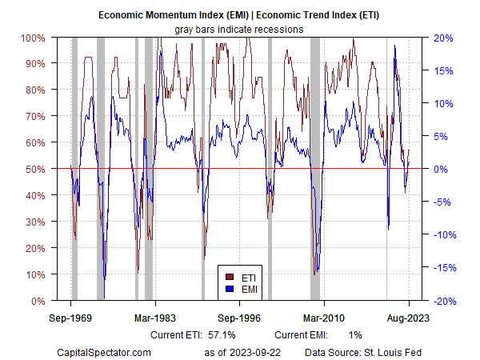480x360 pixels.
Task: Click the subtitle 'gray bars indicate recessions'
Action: tap(239, 29)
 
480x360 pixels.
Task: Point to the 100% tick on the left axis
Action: tap(33, 38)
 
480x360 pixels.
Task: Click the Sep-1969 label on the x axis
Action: tap(71, 317)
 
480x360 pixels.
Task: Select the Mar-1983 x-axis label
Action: tap(155, 317)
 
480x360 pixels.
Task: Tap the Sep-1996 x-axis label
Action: tap(240, 317)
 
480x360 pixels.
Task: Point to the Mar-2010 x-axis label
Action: tap(324, 317)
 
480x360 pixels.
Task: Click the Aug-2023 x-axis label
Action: tap(408, 317)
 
